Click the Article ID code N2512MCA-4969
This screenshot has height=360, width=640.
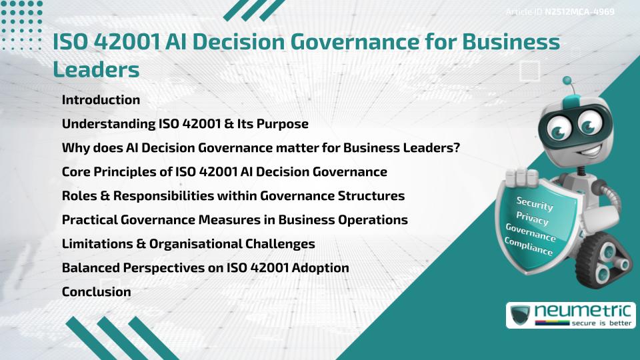point(579,12)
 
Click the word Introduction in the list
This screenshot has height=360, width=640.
point(101,100)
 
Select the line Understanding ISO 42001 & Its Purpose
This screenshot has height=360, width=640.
point(185,124)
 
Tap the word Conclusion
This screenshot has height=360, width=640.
point(96,292)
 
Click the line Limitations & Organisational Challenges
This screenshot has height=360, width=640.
point(188,244)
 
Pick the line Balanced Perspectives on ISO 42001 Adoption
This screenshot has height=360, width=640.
point(205,268)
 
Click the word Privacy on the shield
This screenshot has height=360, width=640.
point(532,219)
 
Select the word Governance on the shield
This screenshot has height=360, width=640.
point(530,233)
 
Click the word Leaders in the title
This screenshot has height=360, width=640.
point(96,68)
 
